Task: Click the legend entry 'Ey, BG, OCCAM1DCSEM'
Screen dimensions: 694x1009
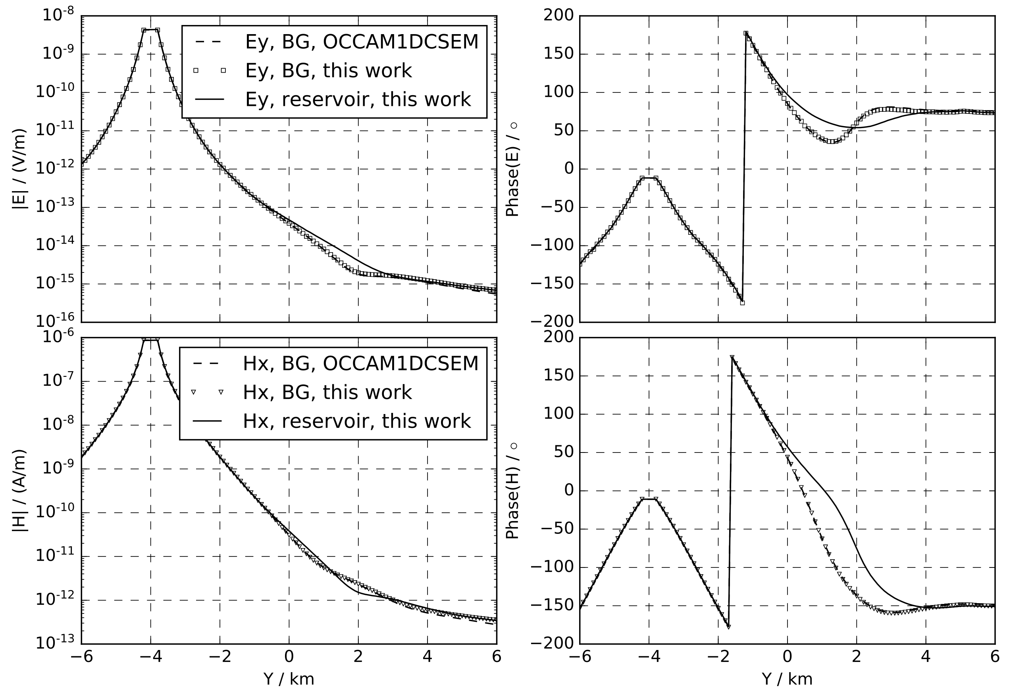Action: pos(362,42)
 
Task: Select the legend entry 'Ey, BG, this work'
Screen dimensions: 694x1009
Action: pos(329,71)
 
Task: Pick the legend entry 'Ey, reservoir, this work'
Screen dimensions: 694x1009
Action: pos(358,100)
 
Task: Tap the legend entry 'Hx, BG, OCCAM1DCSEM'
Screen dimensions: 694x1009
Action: pos(360,364)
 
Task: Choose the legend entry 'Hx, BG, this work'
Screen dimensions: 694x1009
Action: pos(327,392)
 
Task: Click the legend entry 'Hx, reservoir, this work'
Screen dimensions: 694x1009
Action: pos(357,421)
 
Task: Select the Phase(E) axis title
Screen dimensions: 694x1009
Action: pos(513,170)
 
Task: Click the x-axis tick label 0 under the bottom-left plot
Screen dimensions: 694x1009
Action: pos(289,657)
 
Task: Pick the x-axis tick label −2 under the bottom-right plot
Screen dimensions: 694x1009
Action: pos(718,657)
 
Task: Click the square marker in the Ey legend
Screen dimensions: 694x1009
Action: pos(210,71)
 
